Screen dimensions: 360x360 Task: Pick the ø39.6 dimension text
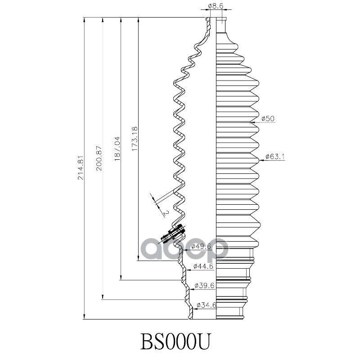(x=203, y=286)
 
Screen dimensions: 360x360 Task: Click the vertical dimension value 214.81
(x=81, y=167)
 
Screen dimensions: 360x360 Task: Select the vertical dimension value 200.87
(x=99, y=158)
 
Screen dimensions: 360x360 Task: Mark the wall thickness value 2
(x=166, y=212)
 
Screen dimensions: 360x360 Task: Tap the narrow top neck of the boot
(x=221, y=25)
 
